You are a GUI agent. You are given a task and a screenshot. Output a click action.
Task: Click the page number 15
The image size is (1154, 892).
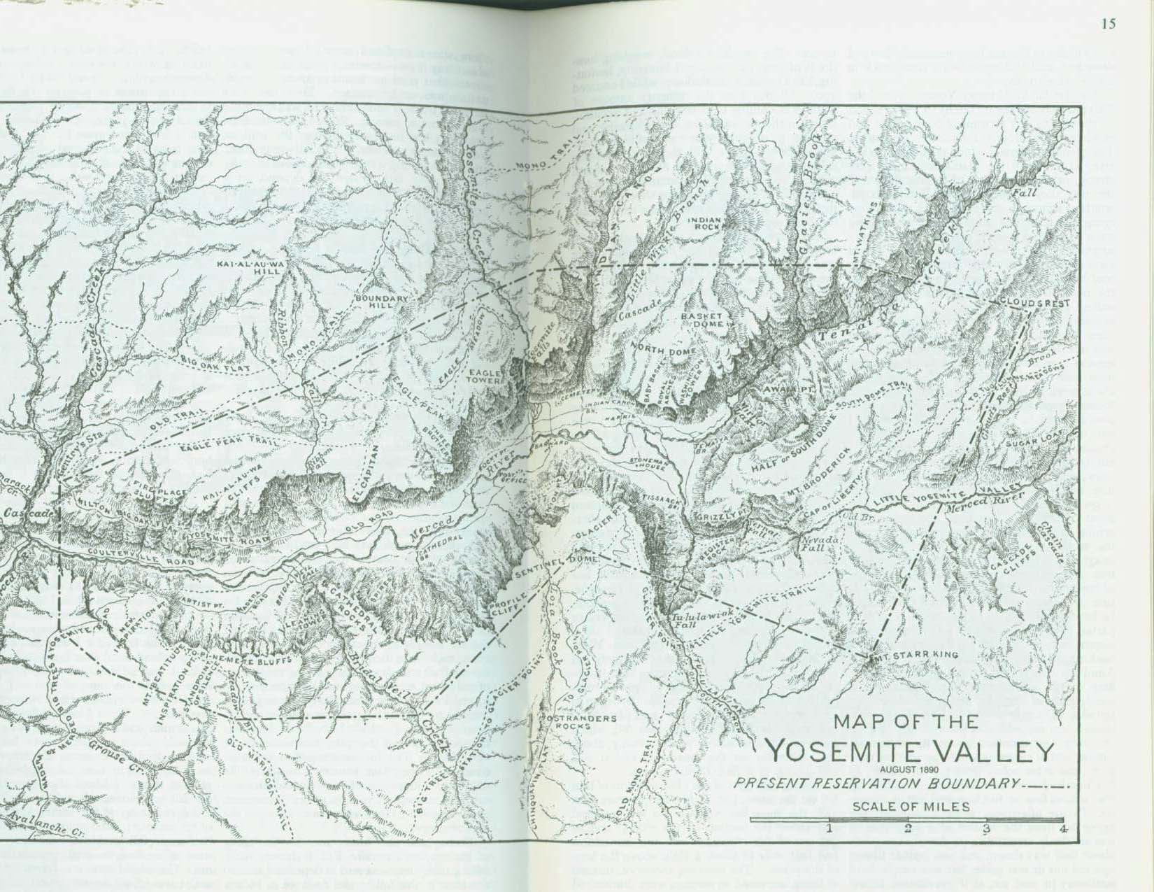[1108, 24]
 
